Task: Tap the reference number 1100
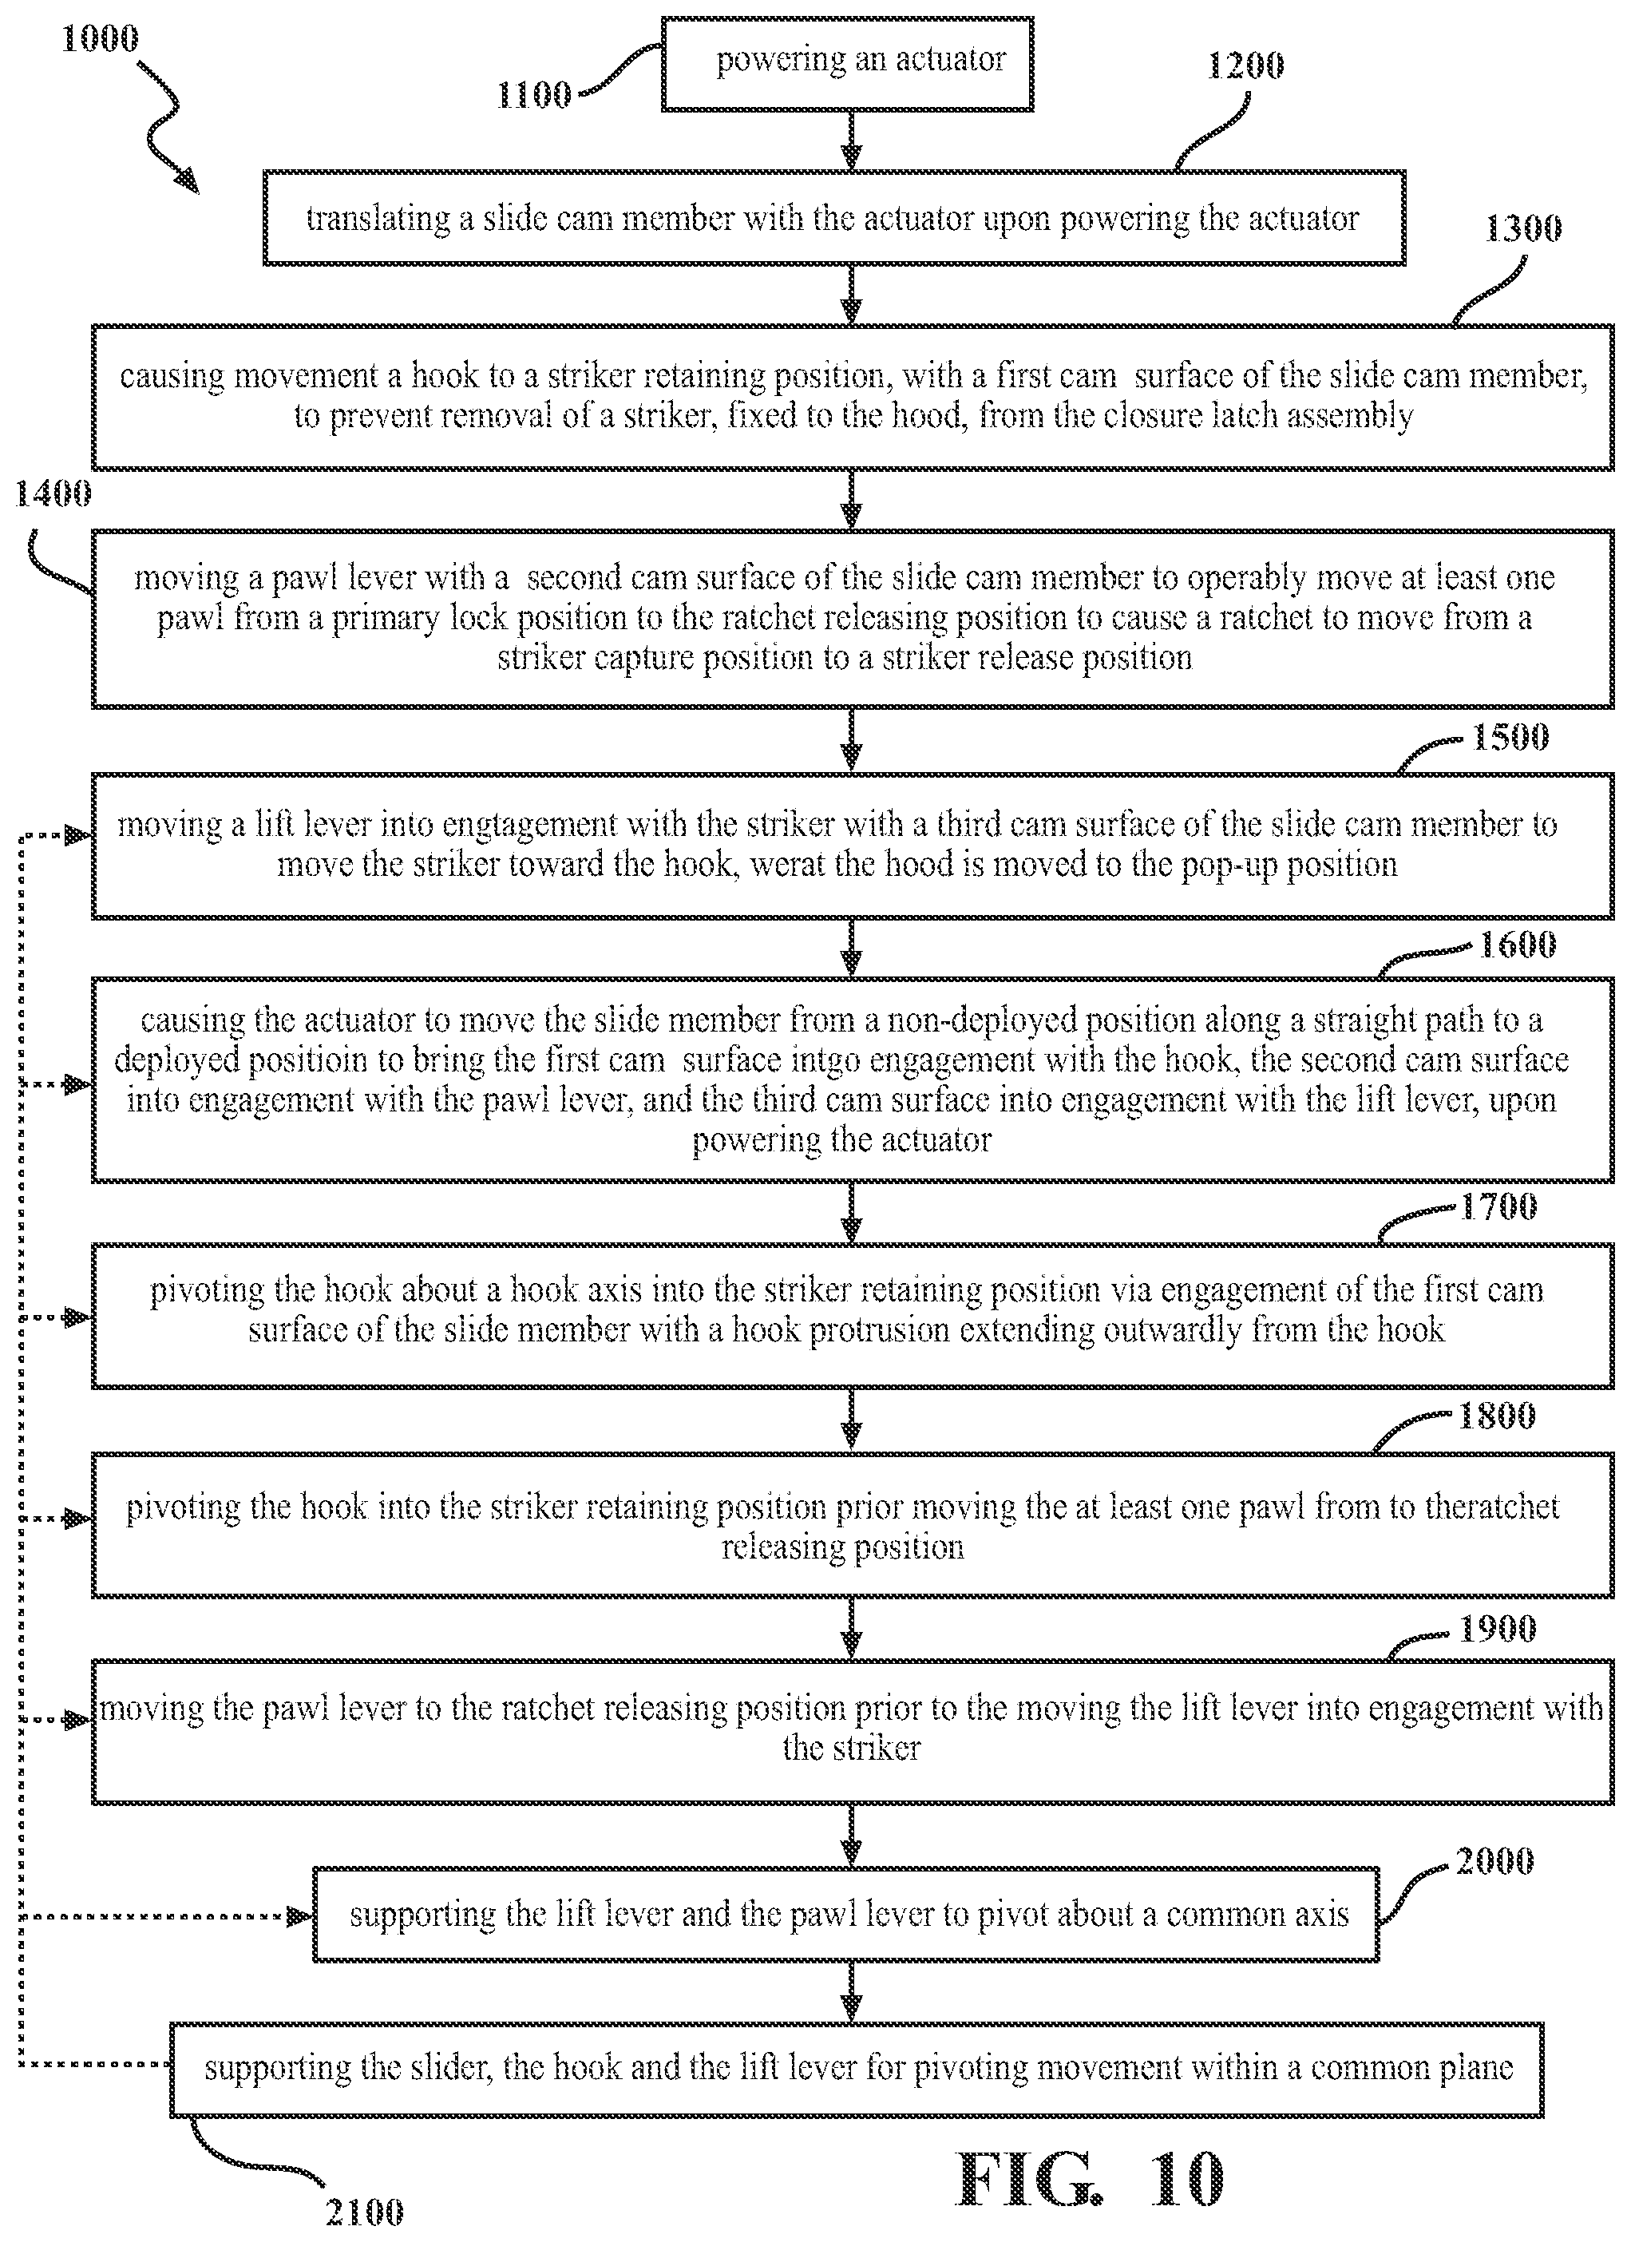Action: pos(534,95)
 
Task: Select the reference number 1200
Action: pos(1245,65)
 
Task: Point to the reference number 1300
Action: pos(1523,228)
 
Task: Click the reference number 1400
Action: pos(53,493)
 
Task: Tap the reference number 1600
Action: pos(1518,945)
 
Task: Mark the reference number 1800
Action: pos(1498,1416)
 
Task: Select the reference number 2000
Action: pos(1494,1861)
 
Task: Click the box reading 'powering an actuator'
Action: pos(847,63)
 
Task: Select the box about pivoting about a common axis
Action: pos(846,1915)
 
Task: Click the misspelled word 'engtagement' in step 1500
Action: pos(534,826)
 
